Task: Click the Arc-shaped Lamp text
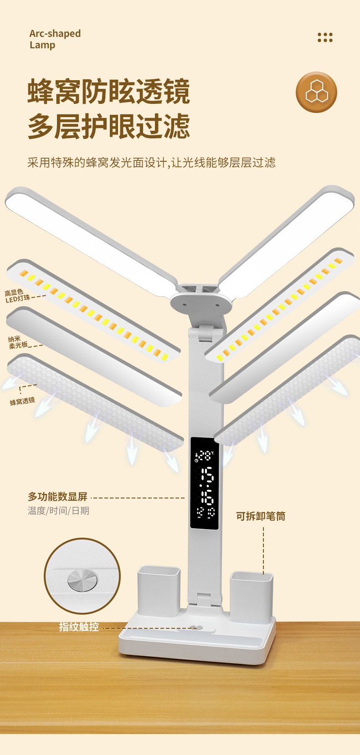coord(55,39)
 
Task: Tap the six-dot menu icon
coord(325,37)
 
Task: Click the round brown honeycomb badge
coord(316,92)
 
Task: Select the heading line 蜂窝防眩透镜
coord(108,92)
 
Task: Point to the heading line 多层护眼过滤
coord(108,126)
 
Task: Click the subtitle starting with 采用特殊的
coord(151,163)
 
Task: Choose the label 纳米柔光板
coord(18,342)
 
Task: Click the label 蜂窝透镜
coord(22,401)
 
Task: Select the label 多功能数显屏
coord(57,497)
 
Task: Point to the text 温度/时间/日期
coord(58,511)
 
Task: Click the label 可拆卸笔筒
coord(261,516)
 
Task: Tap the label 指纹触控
coord(79,627)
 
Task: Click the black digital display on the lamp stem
coord(204,483)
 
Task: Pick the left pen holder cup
coord(159,591)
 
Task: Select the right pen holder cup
coord(252,596)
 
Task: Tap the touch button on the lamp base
coord(197,627)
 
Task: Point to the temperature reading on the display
coord(205,455)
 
